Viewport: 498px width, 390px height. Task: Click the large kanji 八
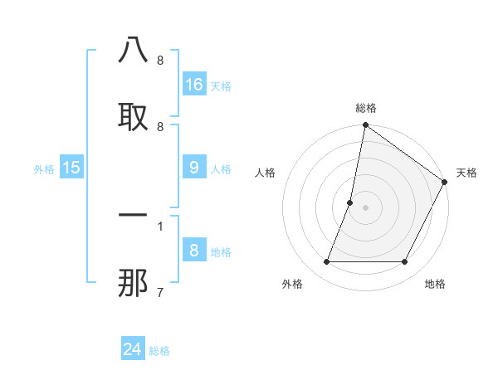[133, 51]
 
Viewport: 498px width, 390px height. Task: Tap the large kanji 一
[133, 215]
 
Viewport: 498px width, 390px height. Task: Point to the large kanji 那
[133, 282]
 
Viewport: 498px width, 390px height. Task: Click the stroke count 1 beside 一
[159, 225]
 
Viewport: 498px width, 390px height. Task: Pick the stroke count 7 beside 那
[159, 291]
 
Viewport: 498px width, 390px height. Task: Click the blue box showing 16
[194, 84]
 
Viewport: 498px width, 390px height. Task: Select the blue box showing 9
[194, 168]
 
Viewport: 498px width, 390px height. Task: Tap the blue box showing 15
[71, 168]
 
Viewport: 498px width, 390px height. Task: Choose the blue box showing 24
[133, 349]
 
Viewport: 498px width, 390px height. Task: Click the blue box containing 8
[194, 251]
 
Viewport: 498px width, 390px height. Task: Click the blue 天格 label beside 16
[221, 85]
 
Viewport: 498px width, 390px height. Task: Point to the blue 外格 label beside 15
[44, 168]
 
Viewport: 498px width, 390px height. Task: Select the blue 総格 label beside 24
[159, 351]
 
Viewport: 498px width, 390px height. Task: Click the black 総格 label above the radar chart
[365, 108]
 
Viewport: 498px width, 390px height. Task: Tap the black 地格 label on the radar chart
[435, 284]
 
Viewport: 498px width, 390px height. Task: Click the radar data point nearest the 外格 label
[326, 262]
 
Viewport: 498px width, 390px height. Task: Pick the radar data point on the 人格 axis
[350, 202]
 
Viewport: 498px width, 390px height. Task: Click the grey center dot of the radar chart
[365, 207]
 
